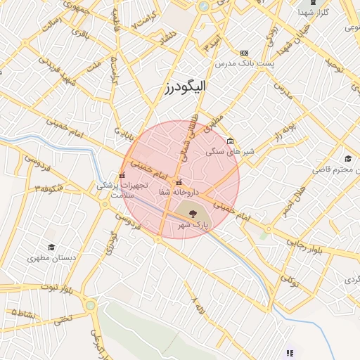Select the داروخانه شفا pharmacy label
pos(179,192)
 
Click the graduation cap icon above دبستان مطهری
pos(51,247)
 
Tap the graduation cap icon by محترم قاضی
pos(347,158)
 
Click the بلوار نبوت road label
pos(57,288)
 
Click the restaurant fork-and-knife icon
pos(289,353)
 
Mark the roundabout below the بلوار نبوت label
pos(90,305)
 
